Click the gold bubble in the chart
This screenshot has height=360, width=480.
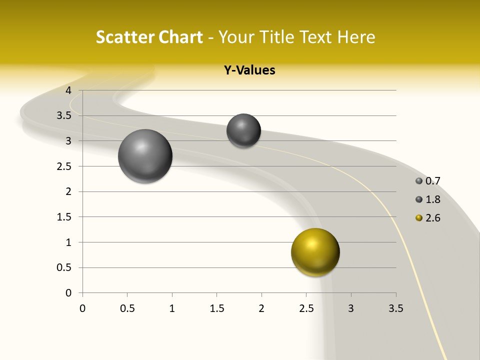pyautogui.click(x=315, y=252)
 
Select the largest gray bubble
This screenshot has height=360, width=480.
pyautogui.click(x=145, y=156)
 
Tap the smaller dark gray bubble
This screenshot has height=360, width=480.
pyautogui.click(x=243, y=130)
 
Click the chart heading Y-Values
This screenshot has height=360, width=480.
pyautogui.click(x=249, y=70)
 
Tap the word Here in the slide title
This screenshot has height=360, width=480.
pyautogui.click(x=356, y=37)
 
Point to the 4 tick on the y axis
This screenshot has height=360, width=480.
pyautogui.click(x=68, y=90)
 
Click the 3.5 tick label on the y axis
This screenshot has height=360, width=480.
pyautogui.click(x=64, y=115)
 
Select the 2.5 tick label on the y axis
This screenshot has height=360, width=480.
pyautogui.click(x=64, y=166)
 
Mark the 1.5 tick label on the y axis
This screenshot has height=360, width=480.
pyautogui.click(x=64, y=217)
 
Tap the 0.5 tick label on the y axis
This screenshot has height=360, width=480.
pyautogui.click(x=64, y=267)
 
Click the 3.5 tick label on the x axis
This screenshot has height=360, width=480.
pyautogui.click(x=395, y=308)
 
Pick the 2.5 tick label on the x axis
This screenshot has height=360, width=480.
pyautogui.click(x=306, y=308)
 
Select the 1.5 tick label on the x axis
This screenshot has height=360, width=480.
pyautogui.click(x=216, y=308)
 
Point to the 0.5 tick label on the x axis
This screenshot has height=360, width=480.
pyautogui.click(x=127, y=308)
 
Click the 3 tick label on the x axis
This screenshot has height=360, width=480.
pyautogui.click(x=351, y=308)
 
